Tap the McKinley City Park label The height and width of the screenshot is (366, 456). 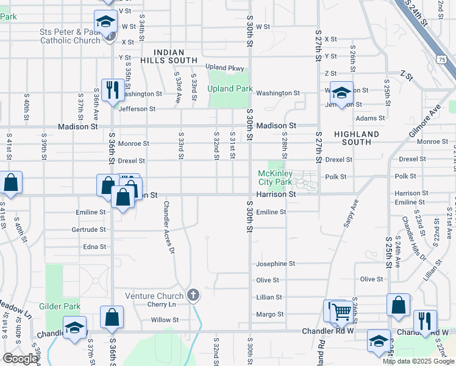coord(276,178)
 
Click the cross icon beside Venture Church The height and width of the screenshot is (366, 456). coord(193,296)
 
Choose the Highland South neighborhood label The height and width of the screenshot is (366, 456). coord(357,138)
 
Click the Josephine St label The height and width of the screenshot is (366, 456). coord(275,264)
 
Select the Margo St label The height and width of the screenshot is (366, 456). coord(269,315)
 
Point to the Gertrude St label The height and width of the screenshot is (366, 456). coord(89,230)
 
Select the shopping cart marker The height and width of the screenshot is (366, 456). coord(341,312)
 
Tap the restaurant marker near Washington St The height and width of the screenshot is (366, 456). coord(112,90)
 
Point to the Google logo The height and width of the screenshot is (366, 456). coord(20,359)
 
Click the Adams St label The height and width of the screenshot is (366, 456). coord(370,118)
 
